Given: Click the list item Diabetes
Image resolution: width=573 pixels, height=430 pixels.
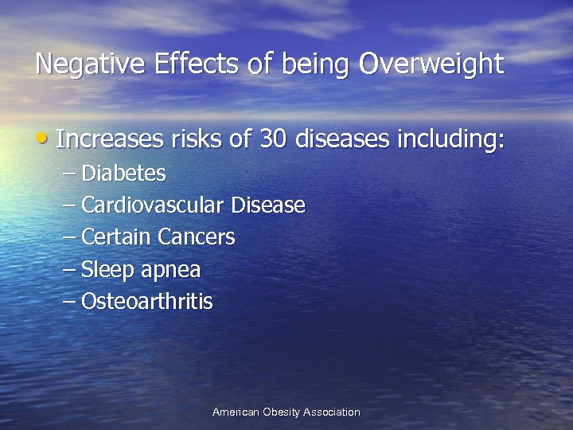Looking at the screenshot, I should point(123,173).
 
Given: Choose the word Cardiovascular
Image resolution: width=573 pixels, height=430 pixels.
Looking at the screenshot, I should point(153,205).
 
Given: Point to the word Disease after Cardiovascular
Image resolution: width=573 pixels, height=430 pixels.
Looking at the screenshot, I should point(267,205).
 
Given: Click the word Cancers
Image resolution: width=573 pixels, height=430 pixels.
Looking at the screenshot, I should point(197,237).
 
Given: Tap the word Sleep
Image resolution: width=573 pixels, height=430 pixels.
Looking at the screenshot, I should point(108,271).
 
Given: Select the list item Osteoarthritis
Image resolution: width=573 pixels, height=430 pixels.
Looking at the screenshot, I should point(146,302).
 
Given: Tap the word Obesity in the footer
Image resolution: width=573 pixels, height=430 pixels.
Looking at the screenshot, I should point(286,412).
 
